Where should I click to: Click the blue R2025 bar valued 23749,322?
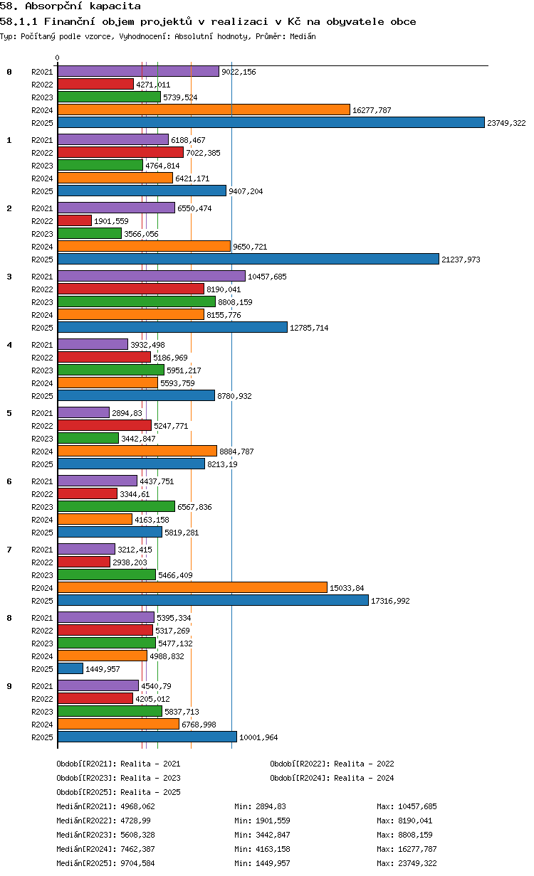click(271, 123)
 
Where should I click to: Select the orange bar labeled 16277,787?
click(204, 110)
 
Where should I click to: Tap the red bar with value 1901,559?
click(74, 221)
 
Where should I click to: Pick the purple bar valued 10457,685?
click(152, 276)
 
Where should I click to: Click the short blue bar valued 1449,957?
click(70, 668)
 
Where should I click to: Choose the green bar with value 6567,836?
click(116, 506)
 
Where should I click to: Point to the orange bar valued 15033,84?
click(192, 588)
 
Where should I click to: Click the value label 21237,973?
click(461, 260)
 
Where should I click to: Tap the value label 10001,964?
click(258, 737)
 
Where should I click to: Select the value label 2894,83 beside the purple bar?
click(127, 413)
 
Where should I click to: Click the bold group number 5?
click(9, 413)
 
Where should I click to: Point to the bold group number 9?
click(9, 686)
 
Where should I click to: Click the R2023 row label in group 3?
click(42, 302)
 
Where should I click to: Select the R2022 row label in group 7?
click(42, 562)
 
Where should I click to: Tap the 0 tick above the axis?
click(58, 58)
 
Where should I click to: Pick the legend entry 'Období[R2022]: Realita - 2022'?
click(332, 764)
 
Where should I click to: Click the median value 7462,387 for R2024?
click(138, 849)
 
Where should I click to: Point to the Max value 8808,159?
click(415, 835)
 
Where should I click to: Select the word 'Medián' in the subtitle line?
click(303, 36)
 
